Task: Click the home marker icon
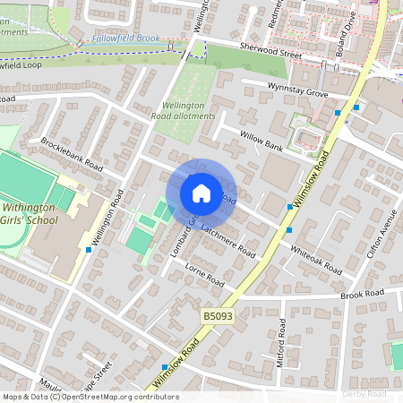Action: (201, 193)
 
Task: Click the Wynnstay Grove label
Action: (297, 89)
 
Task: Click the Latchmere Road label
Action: (227, 241)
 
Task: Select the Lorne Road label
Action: (203, 273)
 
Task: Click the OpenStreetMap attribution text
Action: (90, 397)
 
